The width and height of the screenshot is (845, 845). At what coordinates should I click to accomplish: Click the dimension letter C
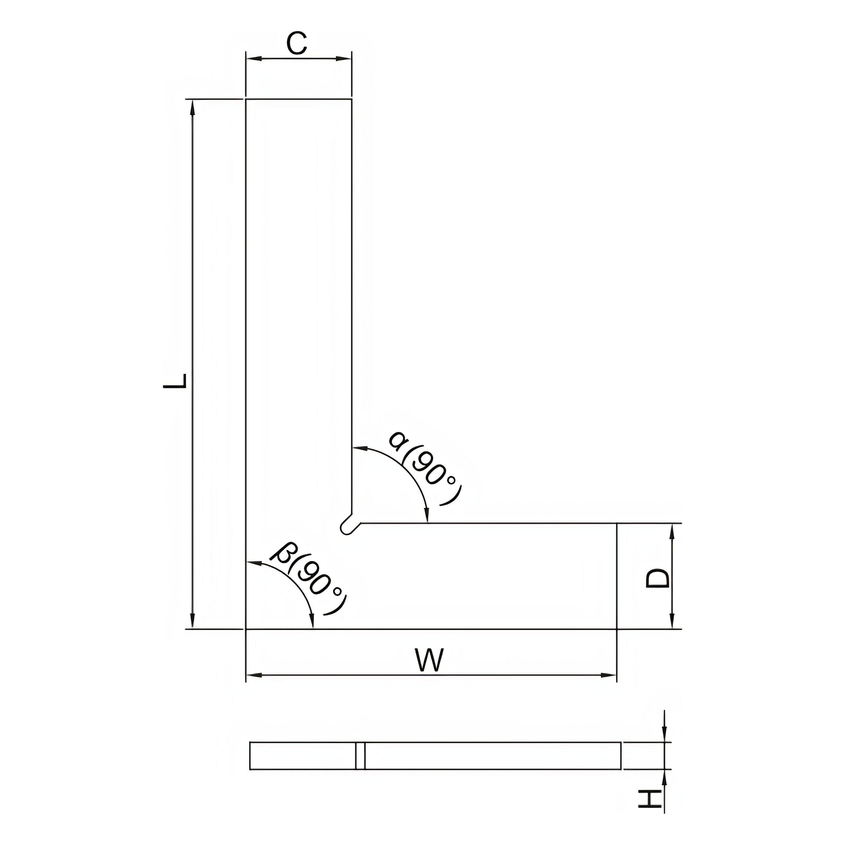(x=297, y=44)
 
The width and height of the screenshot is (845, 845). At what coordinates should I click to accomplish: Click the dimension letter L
(x=175, y=381)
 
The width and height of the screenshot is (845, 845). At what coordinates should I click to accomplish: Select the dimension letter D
(x=657, y=578)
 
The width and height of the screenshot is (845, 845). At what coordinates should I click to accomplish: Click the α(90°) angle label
(x=424, y=468)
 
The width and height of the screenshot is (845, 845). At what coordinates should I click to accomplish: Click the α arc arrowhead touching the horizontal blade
(x=427, y=516)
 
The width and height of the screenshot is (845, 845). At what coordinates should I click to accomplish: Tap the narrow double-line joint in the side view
(x=360, y=755)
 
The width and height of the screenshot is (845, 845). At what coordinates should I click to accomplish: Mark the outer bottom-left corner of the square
(x=246, y=629)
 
